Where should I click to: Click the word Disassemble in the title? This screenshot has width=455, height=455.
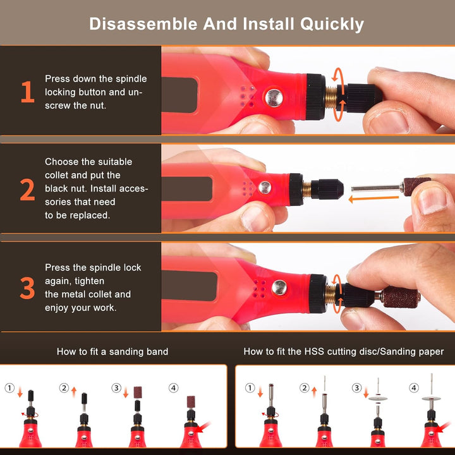tap(143, 24)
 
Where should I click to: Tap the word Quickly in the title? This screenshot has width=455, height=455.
tap(332, 25)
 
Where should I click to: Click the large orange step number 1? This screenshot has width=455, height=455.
tap(28, 92)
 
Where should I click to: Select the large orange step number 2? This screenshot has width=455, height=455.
tap(27, 190)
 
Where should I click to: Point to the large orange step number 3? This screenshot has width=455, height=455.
tap(27, 288)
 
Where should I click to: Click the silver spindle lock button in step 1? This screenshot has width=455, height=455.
tap(274, 97)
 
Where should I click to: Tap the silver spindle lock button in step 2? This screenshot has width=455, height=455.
tap(265, 188)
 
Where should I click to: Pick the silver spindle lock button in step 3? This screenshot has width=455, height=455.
tap(279, 288)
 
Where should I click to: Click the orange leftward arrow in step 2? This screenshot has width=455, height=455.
tap(373, 199)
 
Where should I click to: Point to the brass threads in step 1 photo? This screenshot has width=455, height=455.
tap(331, 97)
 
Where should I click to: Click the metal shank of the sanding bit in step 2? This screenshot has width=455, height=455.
tap(377, 188)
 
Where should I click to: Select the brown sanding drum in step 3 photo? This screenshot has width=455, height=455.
tap(400, 297)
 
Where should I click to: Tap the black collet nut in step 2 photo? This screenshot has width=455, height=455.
tap(327, 189)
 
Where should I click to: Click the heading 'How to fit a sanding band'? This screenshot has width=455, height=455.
tap(112, 352)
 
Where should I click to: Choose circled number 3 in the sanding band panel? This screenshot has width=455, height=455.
tap(116, 388)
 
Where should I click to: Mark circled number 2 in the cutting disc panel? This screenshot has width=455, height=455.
tap(305, 388)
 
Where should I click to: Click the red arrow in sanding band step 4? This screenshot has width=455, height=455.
tap(203, 427)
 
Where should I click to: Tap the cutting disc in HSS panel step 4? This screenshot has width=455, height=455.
tap(431, 398)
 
